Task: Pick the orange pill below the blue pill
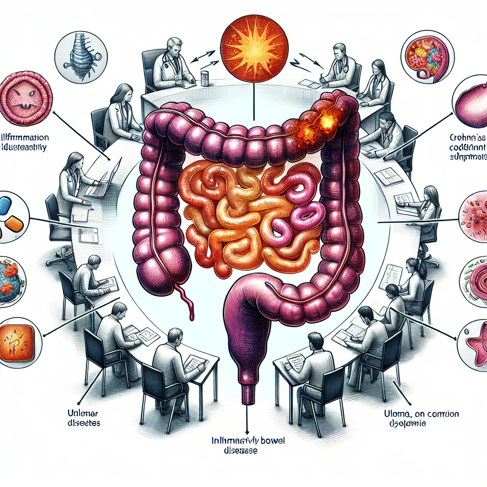coord(15,223)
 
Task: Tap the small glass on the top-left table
coord(205,78)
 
